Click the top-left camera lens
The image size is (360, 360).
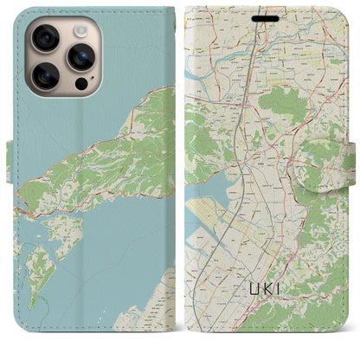[44, 38]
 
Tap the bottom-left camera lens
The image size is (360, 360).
[44, 76]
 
